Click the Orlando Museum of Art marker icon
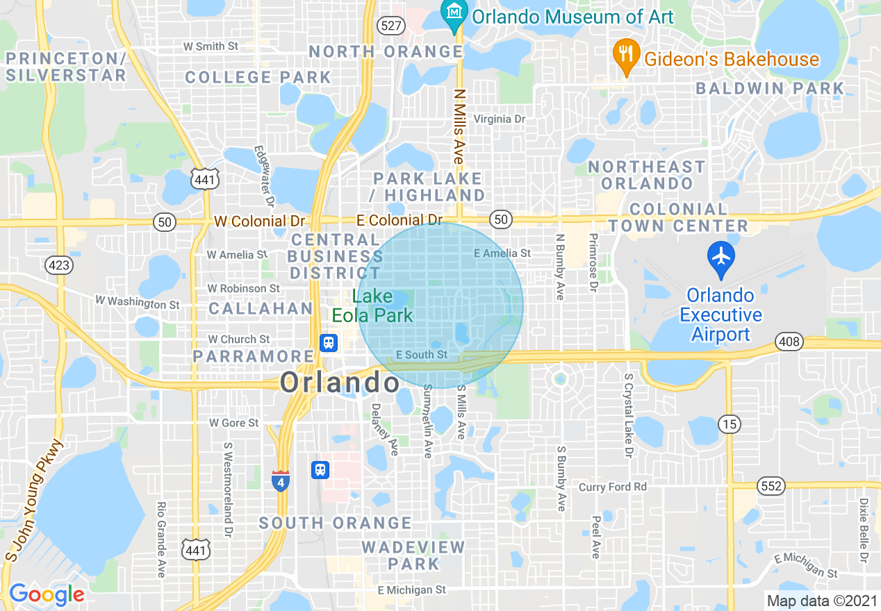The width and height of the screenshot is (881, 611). [x=454, y=14]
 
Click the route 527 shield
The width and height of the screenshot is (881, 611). [x=391, y=26]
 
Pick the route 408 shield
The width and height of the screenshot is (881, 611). [x=790, y=342]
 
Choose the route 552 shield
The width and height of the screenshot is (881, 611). [x=771, y=486]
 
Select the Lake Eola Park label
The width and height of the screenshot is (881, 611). [x=372, y=305]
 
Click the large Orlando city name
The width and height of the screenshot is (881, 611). [x=340, y=382]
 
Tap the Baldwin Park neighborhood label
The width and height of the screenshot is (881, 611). [x=770, y=88]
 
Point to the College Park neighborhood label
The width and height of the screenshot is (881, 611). [x=258, y=77]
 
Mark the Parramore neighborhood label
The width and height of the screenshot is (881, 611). [x=254, y=356]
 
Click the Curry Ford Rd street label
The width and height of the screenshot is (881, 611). [x=613, y=487]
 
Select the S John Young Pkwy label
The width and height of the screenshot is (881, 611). [x=33, y=500]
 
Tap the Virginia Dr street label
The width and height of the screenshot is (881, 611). [x=499, y=119]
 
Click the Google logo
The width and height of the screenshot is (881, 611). [x=47, y=594]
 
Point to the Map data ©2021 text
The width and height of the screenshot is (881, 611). [x=821, y=601]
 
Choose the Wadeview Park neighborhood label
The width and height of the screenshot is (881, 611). [x=413, y=555]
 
